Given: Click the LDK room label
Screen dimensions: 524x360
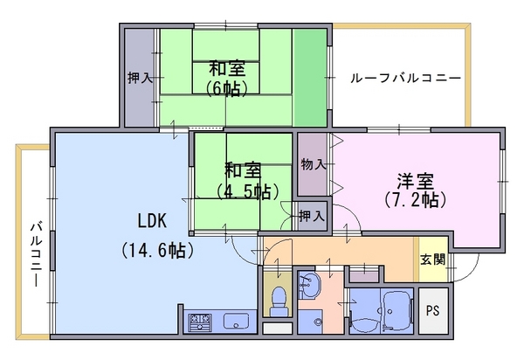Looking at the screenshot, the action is [152, 221].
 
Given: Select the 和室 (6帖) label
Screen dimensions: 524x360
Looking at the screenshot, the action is [227, 79].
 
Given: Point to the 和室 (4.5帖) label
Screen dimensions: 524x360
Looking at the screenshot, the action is [247, 181].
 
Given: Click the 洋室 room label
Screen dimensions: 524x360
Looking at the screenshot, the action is [415, 181].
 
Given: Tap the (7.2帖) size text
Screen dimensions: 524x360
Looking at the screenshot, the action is [415, 199].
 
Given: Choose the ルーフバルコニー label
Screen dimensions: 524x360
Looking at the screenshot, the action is [405, 79].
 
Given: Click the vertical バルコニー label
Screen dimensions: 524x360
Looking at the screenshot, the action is [36, 253].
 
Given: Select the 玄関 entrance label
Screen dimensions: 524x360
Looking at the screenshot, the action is [432, 260].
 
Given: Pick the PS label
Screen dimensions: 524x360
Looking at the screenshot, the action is [432, 310].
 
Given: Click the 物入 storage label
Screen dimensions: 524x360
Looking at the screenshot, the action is [314, 164].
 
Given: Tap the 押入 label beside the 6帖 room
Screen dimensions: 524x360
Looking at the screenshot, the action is [140, 79].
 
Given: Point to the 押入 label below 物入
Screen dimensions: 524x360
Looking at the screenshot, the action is [312, 216].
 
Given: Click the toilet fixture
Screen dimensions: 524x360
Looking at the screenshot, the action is [278, 301].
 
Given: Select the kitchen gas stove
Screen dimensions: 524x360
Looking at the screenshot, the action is [200, 322].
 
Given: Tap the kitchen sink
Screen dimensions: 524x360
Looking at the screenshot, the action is [236, 322].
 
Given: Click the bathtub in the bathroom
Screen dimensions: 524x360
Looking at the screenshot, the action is [397, 309].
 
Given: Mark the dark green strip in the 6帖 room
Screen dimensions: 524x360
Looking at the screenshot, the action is [309, 78].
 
